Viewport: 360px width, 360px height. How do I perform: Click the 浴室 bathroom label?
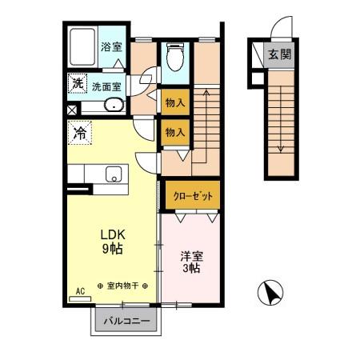pyautogui.click(x=111, y=46)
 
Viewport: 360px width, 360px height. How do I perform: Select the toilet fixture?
pyautogui.click(x=174, y=58)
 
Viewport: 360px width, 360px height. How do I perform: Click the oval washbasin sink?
pyautogui.click(x=113, y=104)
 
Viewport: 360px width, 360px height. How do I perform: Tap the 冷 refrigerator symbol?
pyautogui.click(x=81, y=132)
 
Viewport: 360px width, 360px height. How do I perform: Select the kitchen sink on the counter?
pyautogui.click(x=114, y=173)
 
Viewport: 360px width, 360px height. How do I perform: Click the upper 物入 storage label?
pyautogui.click(x=174, y=102)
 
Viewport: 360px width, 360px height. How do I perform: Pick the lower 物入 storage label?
pyautogui.click(x=174, y=131)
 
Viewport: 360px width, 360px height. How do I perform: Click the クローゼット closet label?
pyautogui.click(x=191, y=194)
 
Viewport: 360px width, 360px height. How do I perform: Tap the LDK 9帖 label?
pyautogui.click(x=112, y=242)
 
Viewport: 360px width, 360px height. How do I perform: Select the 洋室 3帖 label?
pyautogui.click(x=190, y=262)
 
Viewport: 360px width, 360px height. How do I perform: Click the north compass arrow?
pyautogui.click(x=270, y=294)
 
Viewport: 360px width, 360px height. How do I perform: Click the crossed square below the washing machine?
pyautogui.click(x=72, y=110)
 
